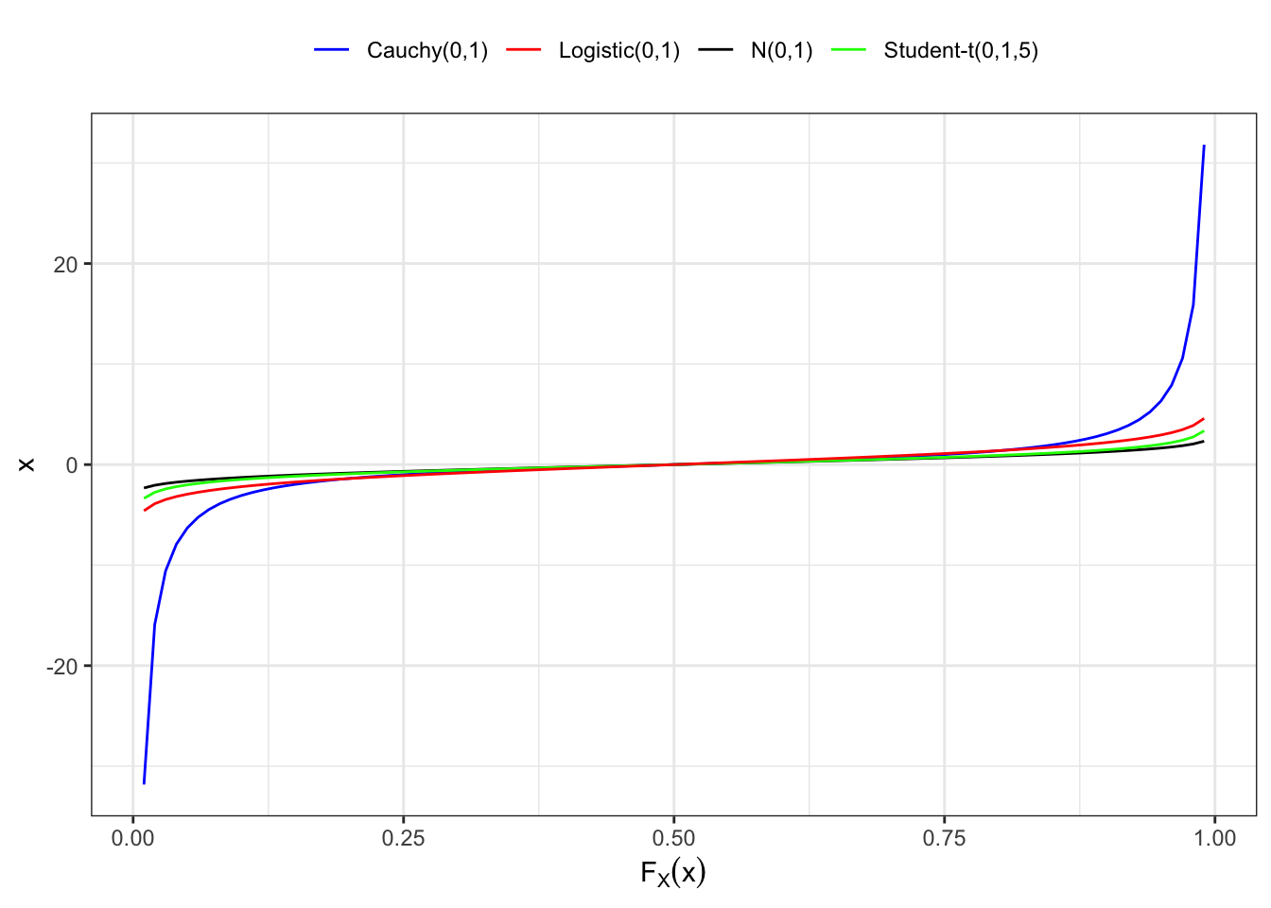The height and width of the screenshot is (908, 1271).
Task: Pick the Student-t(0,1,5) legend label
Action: pos(961,50)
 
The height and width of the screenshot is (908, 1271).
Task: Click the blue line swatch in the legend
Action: pos(332,50)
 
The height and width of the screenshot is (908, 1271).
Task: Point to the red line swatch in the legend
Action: pos(524,50)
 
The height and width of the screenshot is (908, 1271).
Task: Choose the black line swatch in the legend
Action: pos(716,50)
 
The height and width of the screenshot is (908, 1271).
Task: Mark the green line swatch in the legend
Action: pos(849,50)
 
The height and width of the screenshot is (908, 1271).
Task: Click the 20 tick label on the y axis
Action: pos(65,264)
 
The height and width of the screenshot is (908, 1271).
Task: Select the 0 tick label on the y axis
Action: pos(72,465)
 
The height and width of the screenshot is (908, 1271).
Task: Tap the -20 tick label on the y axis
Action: pos(62,667)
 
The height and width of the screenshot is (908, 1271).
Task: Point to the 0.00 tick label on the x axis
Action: pos(132,838)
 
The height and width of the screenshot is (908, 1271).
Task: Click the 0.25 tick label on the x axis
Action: pos(403,838)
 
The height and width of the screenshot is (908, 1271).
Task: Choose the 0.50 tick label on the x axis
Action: pos(673,838)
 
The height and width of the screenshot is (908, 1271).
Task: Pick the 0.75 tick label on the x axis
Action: pos(944,838)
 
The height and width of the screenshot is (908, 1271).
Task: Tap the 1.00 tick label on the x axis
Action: pos(1214,838)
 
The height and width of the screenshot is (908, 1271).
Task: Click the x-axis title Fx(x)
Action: pos(673,872)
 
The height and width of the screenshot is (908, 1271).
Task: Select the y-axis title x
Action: pos(27,464)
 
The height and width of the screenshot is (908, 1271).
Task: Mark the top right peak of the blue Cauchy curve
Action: pos(1204,146)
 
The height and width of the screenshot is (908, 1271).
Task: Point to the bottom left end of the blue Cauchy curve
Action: pos(144,783)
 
